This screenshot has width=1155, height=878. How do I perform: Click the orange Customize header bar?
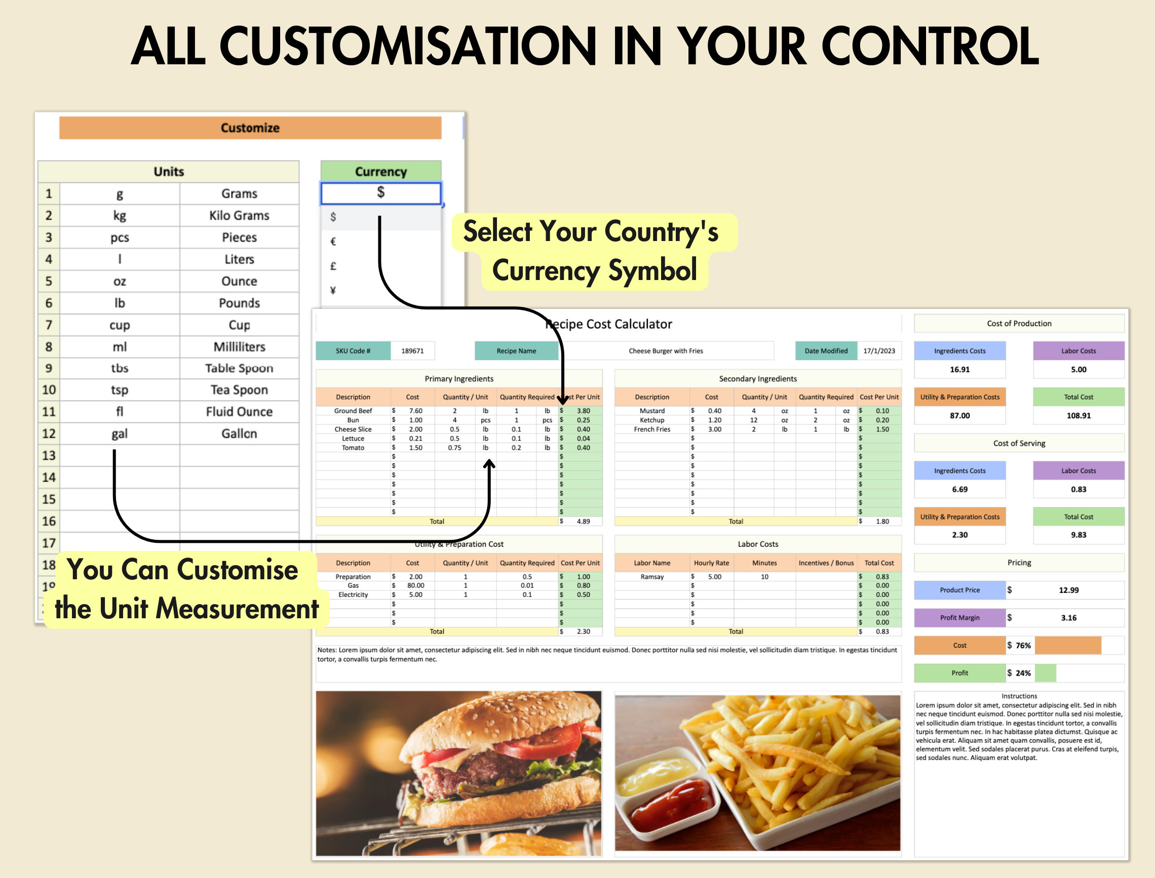[250, 128]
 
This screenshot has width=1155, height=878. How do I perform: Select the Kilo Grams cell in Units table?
[239, 215]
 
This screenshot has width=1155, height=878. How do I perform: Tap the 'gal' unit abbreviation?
[119, 434]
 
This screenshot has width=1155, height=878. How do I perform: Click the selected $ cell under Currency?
[380, 193]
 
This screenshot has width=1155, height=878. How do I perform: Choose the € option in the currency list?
[333, 242]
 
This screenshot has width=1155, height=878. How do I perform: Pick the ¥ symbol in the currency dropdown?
[333, 291]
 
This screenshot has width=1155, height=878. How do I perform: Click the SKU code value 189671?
[412, 351]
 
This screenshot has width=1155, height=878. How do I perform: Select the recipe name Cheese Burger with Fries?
[665, 351]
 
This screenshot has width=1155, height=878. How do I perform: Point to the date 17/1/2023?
[878, 351]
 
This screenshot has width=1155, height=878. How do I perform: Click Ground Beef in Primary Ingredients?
[353, 411]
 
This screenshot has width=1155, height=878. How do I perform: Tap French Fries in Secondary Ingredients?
[651, 429]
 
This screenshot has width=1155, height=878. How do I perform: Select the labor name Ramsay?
[651, 576]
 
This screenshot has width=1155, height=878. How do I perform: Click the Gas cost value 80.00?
[416, 585]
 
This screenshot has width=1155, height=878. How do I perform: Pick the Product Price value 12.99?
[1068, 590]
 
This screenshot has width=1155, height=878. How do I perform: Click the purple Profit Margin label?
[959, 618]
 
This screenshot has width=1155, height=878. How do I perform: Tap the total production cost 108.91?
[1078, 416]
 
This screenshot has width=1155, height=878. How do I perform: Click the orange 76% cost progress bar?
[1067, 646]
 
